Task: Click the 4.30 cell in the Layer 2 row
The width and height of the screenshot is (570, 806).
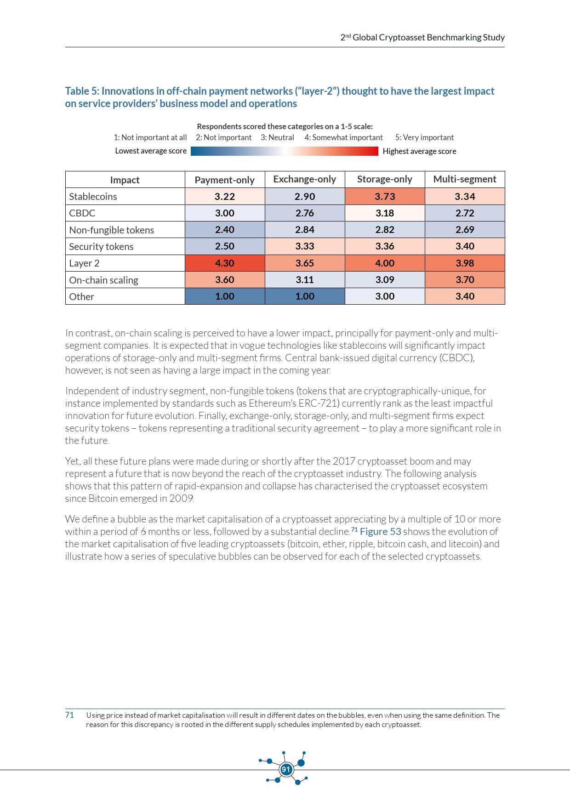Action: [x=225, y=263]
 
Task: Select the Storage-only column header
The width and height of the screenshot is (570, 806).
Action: [x=384, y=179]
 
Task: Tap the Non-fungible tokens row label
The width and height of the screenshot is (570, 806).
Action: [x=111, y=230]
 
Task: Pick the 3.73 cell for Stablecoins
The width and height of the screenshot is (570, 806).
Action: [x=384, y=197]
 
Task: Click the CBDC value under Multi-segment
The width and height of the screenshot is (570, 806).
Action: [x=464, y=213]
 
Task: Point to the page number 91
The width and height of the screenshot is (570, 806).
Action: [x=286, y=769]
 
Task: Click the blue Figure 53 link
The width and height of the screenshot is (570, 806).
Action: [x=380, y=532]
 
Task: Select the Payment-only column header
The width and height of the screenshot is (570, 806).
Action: [x=225, y=180]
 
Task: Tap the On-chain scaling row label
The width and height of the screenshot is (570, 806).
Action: [x=103, y=280]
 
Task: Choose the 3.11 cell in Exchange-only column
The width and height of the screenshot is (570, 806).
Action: [x=304, y=280]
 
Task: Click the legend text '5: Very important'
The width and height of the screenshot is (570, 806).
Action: [x=424, y=137]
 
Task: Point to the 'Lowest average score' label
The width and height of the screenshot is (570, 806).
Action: [x=151, y=151]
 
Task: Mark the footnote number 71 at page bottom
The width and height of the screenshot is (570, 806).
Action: [x=69, y=715]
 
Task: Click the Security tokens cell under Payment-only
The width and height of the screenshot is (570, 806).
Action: [x=225, y=246]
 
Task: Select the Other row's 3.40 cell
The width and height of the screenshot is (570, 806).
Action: [x=464, y=296]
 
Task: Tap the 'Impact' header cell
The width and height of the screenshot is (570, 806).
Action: [x=125, y=180]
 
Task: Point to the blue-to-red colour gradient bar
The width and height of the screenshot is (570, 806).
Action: [x=285, y=151]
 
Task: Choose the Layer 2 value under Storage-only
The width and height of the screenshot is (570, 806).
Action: [x=384, y=263]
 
